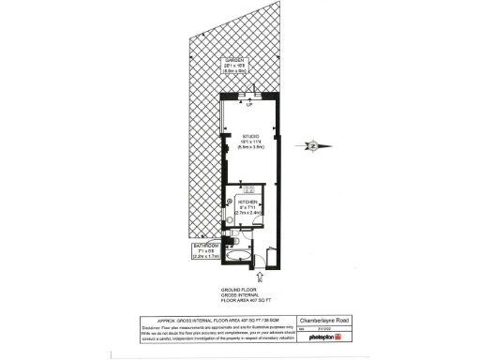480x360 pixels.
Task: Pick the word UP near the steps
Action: pos(248,104)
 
